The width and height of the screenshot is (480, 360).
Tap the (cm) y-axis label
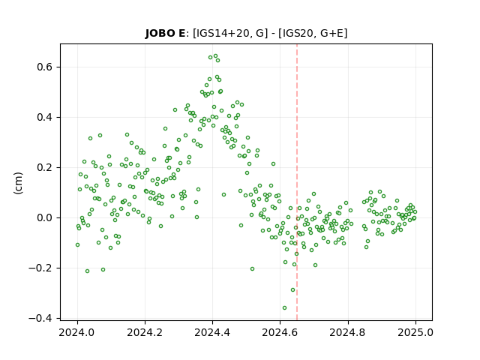click(x=18, y=183)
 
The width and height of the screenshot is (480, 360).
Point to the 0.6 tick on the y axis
click(x=45, y=67)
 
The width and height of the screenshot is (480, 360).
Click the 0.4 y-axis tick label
click(x=45, y=117)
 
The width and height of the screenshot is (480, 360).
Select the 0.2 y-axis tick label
click(x=45, y=167)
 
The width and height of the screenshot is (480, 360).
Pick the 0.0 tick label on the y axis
click(x=45, y=217)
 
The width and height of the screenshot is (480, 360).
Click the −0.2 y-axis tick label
click(x=41, y=268)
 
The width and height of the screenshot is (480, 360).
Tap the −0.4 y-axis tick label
click(x=41, y=318)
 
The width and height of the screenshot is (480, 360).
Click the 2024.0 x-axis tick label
click(x=77, y=332)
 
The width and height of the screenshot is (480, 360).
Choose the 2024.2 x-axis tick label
click(x=145, y=332)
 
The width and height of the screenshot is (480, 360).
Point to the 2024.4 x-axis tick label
click(x=212, y=332)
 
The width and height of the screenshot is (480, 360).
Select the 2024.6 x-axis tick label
click(x=280, y=332)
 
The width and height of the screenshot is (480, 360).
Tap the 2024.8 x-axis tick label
click(x=348, y=332)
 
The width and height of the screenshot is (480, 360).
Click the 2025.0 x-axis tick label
click(x=415, y=332)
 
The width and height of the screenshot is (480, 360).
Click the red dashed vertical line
click(x=297, y=182)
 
